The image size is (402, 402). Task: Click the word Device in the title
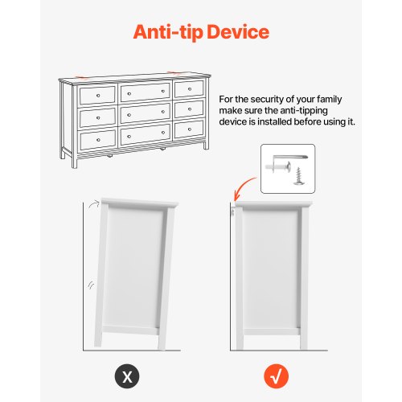point(238,32)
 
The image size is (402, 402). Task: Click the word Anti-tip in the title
point(168,32)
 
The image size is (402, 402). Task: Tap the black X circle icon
point(127,377)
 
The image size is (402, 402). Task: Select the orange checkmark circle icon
point(276,377)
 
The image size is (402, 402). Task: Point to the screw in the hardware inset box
point(298,176)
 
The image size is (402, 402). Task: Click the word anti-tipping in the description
point(304,111)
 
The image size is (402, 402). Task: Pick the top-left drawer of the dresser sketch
point(97,95)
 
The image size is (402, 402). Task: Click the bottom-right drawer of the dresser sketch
point(189,129)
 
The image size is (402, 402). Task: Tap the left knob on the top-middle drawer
point(129,93)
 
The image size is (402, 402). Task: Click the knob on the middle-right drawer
point(190,109)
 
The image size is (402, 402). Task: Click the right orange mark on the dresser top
point(174,72)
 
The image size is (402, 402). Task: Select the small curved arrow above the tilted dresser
point(94,205)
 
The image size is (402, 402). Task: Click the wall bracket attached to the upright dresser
point(233,212)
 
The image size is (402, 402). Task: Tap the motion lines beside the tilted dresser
point(91,285)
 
